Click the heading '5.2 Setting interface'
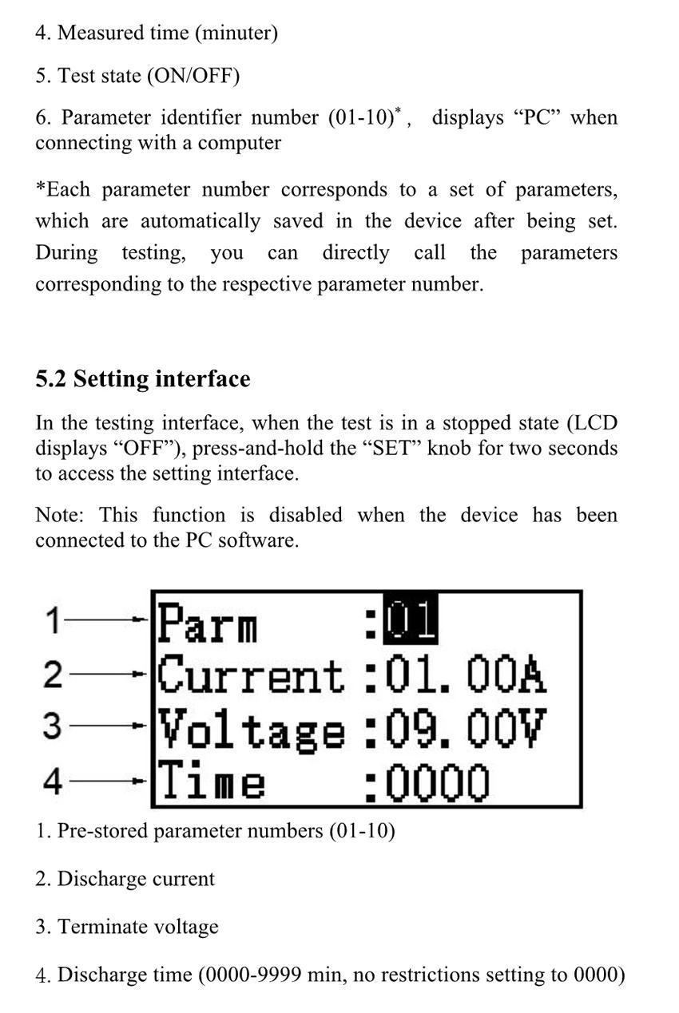tap(142, 378)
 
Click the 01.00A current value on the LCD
tap(466, 676)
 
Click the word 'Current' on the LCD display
tap(251, 676)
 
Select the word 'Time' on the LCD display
tap(211, 782)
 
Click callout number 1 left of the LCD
tap(53, 621)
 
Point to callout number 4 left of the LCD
tap(53, 782)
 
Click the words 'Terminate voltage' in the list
tap(137, 927)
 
